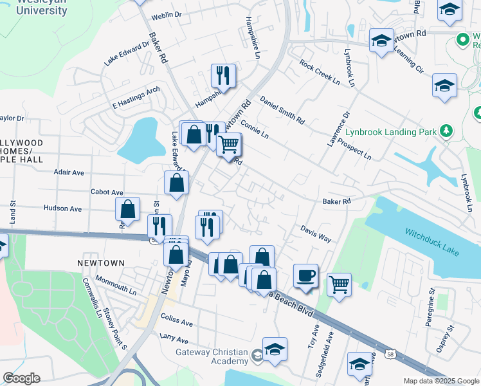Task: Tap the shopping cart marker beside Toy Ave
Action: click(x=339, y=283)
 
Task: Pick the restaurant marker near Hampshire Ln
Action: click(x=223, y=75)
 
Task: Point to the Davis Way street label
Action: click(x=316, y=234)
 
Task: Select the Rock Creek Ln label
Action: click(x=319, y=72)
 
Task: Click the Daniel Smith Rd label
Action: click(x=282, y=110)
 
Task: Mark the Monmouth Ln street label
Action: click(x=116, y=285)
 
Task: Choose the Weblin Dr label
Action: click(x=166, y=14)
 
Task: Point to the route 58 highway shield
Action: click(x=390, y=353)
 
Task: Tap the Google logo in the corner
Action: click(x=21, y=378)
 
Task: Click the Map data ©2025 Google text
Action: click(x=440, y=381)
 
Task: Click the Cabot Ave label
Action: click(x=107, y=192)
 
